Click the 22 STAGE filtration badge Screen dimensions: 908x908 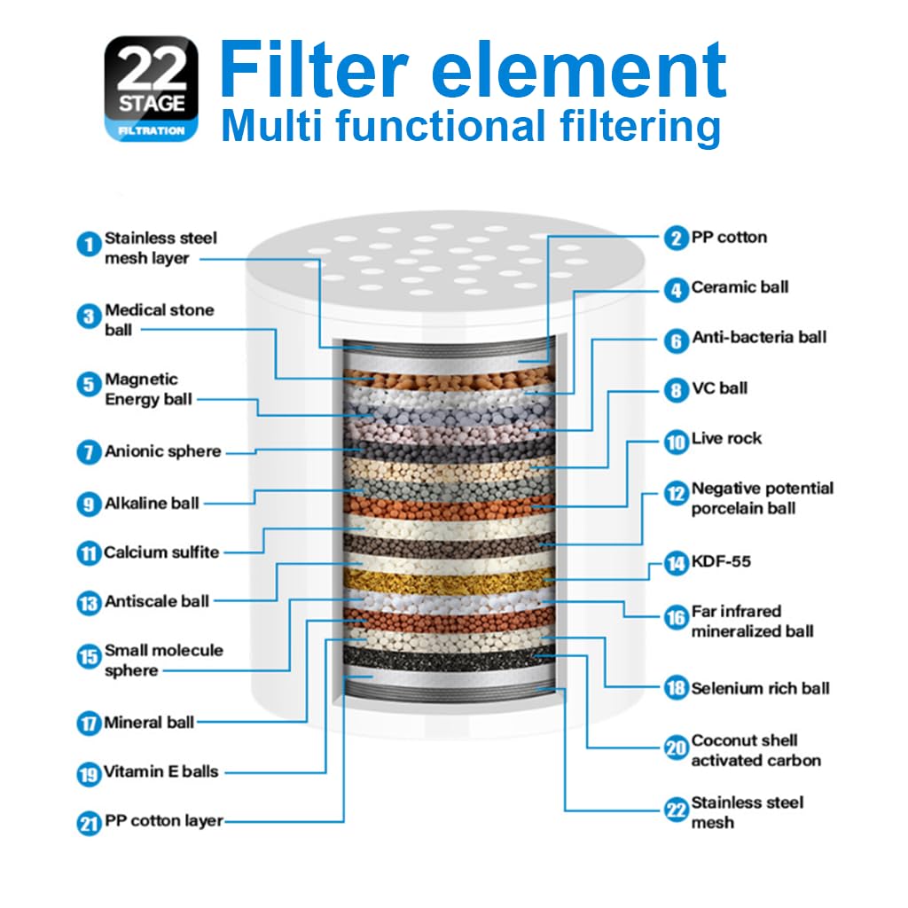coord(152,88)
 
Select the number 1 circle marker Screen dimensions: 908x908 coord(88,244)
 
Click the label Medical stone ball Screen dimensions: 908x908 coord(160,319)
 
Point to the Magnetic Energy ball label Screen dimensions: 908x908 coord(148,389)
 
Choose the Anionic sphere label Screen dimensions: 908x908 coord(162,451)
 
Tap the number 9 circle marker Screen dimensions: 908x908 coord(88,504)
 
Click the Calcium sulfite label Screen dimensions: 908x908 coord(161,552)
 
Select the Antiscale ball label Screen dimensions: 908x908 coord(157,601)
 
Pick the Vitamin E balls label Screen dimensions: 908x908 coord(160,771)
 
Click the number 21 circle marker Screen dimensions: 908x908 coord(88,823)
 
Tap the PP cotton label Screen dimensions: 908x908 coord(729,238)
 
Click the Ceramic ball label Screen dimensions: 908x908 coord(740,287)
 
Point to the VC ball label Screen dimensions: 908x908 coord(719,388)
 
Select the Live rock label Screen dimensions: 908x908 coord(726,439)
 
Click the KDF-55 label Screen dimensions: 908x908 coord(722,562)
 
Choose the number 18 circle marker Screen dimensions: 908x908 coord(676,689)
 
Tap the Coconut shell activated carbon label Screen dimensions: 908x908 coord(756,750)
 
